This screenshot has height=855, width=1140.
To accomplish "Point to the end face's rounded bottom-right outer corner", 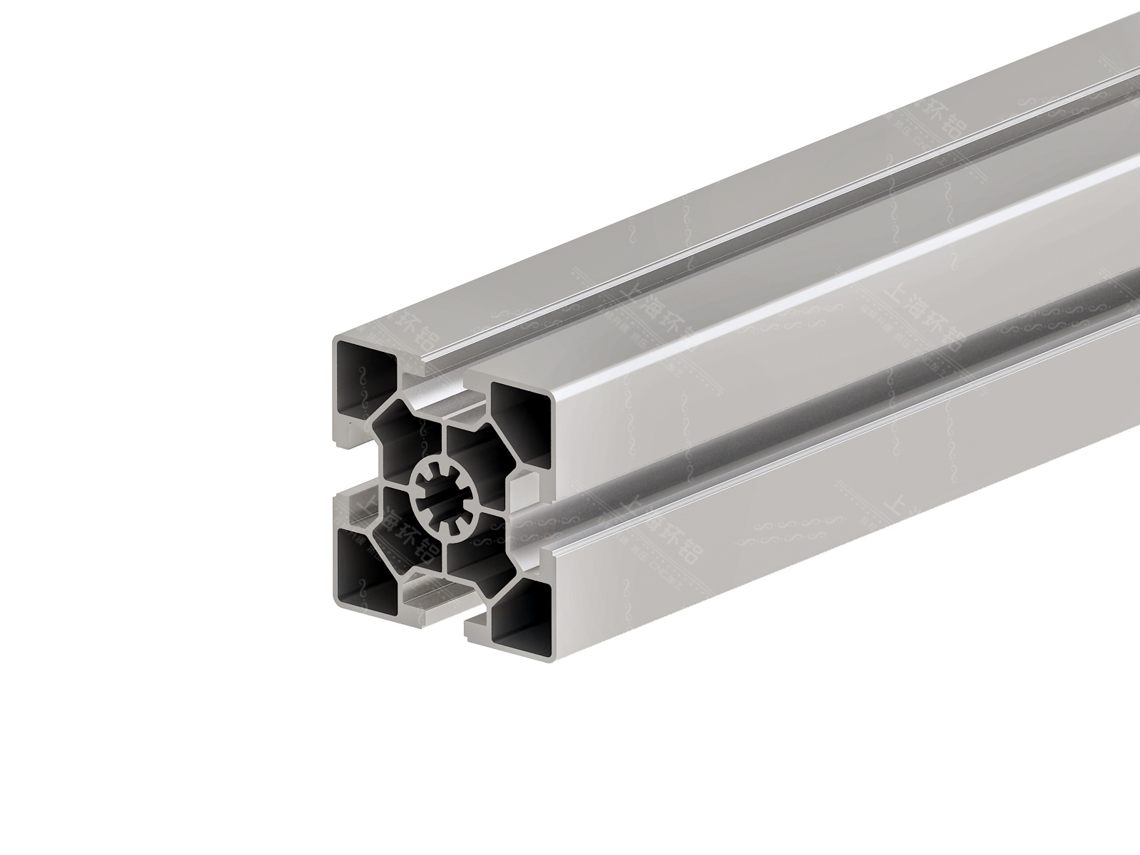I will click(x=551, y=659).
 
